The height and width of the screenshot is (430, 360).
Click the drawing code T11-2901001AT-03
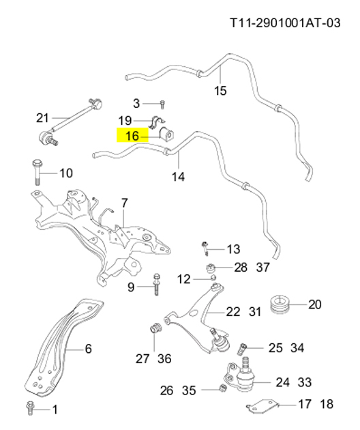tap(285, 23)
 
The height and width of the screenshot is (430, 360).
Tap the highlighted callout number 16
tap(132, 136)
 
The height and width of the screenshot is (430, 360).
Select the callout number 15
tap(220, 91)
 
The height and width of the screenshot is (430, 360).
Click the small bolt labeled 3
tap(162, 104)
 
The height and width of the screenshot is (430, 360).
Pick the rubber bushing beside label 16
tap(166, 134)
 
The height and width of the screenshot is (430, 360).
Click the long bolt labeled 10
tap(37, 173)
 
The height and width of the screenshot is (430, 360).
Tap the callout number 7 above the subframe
tap(124, 203)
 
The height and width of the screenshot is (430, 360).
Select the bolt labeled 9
tap(157, 285)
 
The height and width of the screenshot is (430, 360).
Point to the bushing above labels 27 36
tap(156, 328)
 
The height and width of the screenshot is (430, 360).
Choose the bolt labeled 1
tap(29, 408)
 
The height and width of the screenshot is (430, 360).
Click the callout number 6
tap(88, 349)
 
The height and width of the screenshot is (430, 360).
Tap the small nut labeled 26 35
tap(223, 388)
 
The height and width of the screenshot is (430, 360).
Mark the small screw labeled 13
tap(205, 248)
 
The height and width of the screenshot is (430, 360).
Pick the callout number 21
tap(42, 118)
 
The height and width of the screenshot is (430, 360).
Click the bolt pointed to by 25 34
tap(242, 349)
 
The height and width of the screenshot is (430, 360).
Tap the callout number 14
tap(178, 177)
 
